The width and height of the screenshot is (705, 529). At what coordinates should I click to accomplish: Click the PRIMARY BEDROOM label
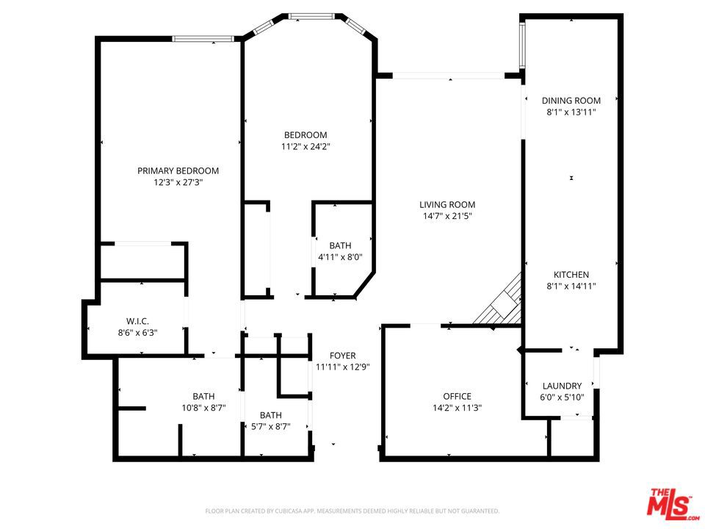[178, 171]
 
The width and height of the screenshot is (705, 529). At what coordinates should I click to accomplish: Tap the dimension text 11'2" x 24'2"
[305, 147]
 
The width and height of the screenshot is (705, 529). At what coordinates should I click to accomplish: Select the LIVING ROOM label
[447, 205]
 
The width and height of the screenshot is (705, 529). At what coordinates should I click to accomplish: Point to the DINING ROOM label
[571, 101]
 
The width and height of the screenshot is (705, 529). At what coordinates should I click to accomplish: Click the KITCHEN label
[571, 274]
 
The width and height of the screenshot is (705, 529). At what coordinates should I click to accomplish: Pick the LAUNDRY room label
[562, 386]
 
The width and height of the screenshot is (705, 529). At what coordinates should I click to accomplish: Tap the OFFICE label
[458, 396]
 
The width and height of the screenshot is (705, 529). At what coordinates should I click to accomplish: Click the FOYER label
[343, 356]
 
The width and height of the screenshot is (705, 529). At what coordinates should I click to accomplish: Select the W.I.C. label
[137, 321]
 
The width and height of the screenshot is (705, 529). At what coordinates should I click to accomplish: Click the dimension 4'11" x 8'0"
[340, 257]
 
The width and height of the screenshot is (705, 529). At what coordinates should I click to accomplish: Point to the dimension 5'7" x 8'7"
[271, 426]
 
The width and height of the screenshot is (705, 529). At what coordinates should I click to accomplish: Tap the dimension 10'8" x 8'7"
[203, 408]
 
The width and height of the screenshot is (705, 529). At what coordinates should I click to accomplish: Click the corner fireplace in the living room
[500, 302]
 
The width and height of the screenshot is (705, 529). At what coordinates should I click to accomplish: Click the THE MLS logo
[673, 502]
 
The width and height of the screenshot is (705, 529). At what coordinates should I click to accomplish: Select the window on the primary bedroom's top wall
[203, 39]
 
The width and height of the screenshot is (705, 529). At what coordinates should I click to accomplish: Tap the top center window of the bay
[311, 17]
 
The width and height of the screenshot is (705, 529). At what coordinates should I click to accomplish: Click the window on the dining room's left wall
[522, 45]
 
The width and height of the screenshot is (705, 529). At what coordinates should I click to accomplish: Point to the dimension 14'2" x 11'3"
[458, 408]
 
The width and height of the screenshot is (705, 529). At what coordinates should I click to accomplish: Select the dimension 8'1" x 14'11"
[571, 286]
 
